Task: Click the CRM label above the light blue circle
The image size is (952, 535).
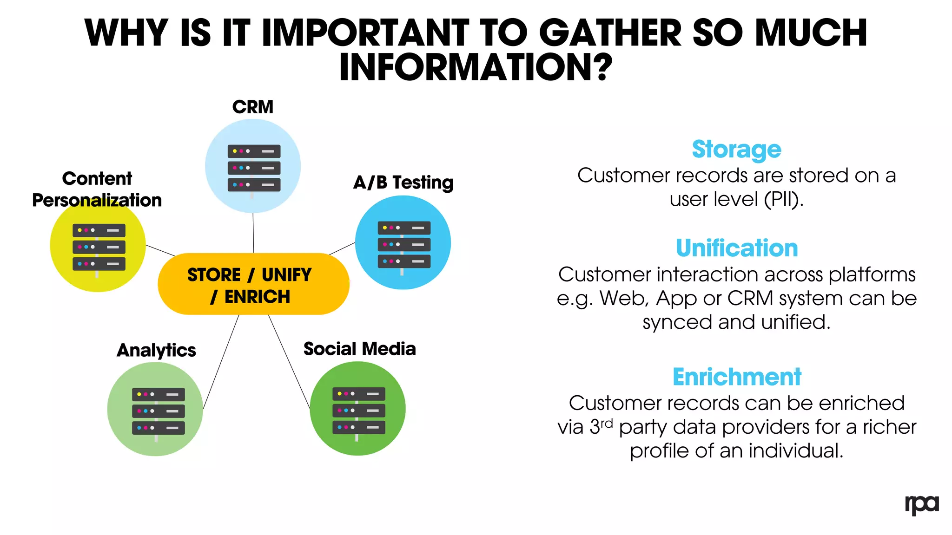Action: tap(252, 107)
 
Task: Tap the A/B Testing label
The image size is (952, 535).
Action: tap(403, 183)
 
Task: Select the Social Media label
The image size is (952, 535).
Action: tap(359, 349)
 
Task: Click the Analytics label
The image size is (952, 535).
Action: tap(156, 350)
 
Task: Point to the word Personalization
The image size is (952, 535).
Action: tap(97, 200)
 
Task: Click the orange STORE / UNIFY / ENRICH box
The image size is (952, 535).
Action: tap(253, 284)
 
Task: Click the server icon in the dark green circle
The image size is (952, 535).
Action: tap(358, 411)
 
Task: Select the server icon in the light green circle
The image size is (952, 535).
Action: tap(158, 411)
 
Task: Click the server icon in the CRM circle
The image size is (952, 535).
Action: tap(254, 168)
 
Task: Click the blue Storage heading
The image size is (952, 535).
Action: tap(736, 150)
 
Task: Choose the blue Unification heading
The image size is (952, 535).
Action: tap(736, 248)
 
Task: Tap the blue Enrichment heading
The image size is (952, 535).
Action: tap(737, 377)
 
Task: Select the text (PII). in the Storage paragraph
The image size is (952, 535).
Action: tap(784, 199)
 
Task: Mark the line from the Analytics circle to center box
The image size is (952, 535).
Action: tap(221, 362)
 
